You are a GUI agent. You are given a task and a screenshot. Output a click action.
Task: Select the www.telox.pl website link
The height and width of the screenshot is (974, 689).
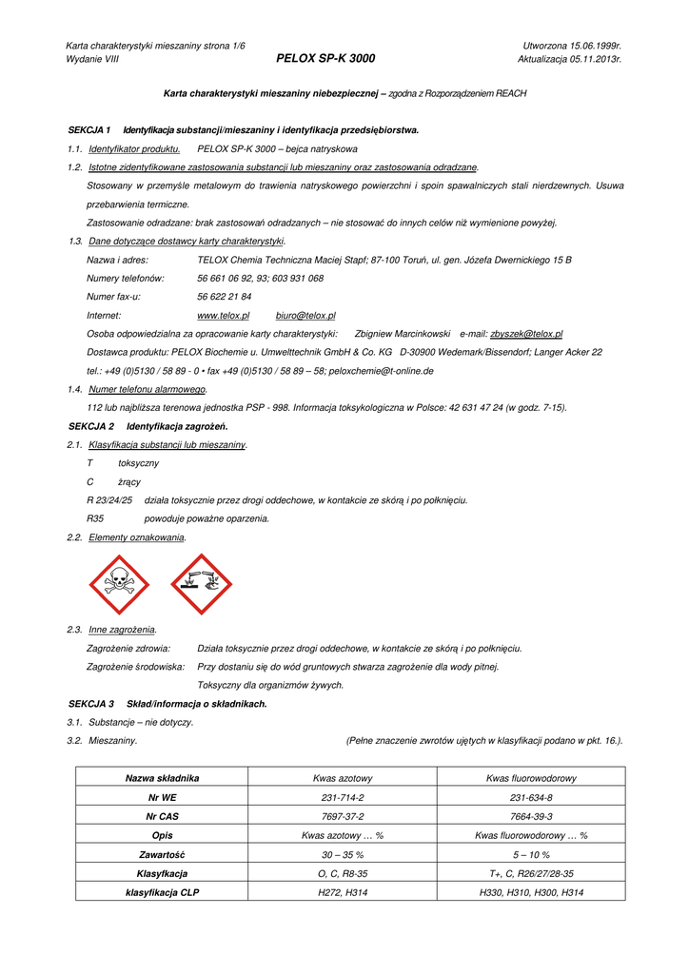pyautogui.click(x=223, y=315)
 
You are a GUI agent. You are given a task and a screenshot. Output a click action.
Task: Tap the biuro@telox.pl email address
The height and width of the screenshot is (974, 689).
pyautogui.click(x=305, y=315)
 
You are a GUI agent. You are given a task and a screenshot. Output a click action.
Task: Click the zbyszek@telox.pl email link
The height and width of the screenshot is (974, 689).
pyautogui.click(x=525, y=334)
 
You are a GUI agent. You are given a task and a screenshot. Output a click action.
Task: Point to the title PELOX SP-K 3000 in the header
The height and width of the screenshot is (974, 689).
pyautogui.click(x=325, y=59)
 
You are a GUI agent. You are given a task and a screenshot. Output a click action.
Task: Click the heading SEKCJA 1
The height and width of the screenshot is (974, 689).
pyautogui.click(x=89, y=129)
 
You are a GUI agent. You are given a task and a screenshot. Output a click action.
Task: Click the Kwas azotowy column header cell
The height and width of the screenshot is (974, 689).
pyautogui.click(x=343, y=778)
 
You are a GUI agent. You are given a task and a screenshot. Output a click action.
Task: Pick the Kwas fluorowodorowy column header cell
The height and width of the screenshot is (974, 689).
pyautogui.click(x=531, y=778)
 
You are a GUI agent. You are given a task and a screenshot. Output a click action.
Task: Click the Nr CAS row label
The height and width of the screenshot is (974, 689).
pyautogui.click(x=162, y=816)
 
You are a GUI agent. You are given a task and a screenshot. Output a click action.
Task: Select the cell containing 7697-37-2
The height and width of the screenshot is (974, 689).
pyautogui.click(x=343, y=816)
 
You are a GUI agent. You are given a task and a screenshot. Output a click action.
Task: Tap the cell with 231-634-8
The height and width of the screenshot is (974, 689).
pyautogui.click(x=531, y=797)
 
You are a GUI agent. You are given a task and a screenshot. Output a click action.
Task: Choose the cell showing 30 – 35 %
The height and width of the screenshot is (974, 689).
pyautogui.click(x=343, y=854)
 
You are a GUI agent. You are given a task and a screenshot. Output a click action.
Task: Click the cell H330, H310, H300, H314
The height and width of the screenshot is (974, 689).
pyautogui.click(x=531, y=892)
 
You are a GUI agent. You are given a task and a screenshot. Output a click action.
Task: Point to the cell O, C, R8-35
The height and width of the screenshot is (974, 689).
pyautogui.click(x=343, y=873)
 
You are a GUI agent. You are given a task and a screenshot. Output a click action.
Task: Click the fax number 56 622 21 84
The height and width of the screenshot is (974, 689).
pyautogui.click(x=224, y=297)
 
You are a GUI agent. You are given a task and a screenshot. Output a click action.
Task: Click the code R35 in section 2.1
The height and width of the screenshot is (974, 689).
pyautogui.click(x=95, y=518)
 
